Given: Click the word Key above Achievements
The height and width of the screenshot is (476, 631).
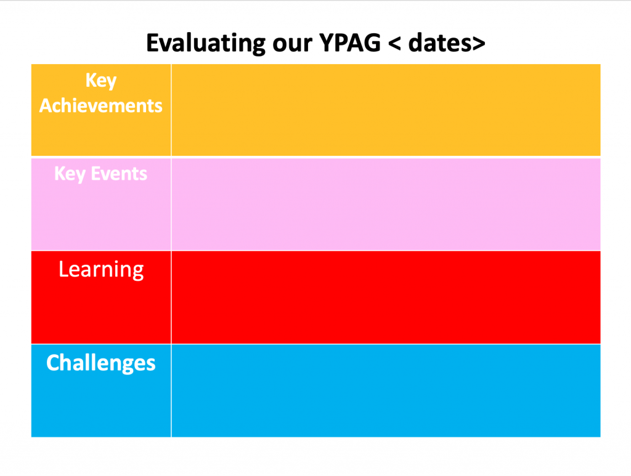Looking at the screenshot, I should [101, 81].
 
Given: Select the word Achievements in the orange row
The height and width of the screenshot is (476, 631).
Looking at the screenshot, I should [101, 105].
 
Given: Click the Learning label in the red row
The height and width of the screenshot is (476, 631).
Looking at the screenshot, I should [101, 269].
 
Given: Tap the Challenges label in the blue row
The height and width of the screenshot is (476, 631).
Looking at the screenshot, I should [101, 363].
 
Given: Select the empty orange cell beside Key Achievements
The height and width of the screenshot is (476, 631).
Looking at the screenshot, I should [386, 110].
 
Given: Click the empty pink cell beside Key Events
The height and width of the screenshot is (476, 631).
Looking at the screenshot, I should [386, 204].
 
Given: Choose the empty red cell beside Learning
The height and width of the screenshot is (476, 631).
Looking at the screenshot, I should [386, 297].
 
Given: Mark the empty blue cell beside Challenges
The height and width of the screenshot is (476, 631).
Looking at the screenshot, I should [386, 390].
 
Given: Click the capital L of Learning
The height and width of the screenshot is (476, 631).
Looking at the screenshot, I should [63, 269].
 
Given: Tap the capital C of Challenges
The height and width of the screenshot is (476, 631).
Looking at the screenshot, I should [52, 363].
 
